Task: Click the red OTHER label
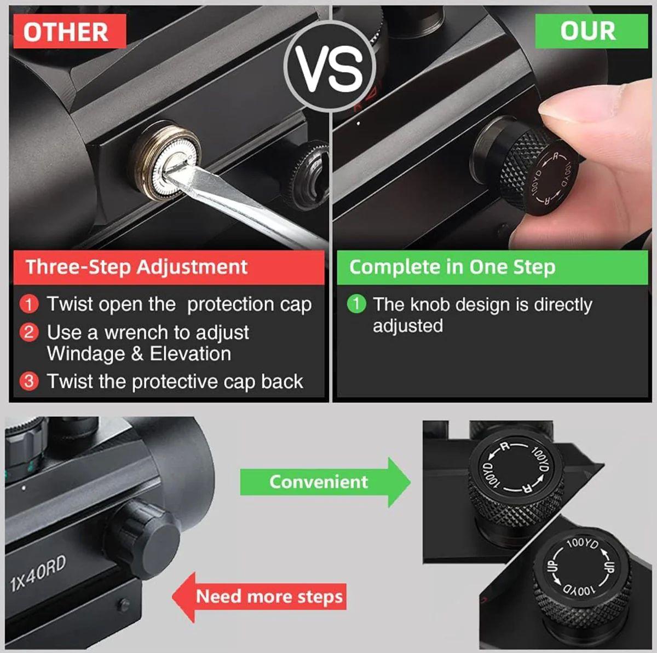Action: tap(70, 31)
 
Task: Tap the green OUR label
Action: tap(591, 31)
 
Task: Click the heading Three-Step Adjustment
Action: tap(137, 267)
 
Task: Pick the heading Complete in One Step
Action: tap(452, 267)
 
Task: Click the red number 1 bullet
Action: tap(30, 304)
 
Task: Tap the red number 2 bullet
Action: tap(30, 333)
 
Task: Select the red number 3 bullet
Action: tap(30, 381)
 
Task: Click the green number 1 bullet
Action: tap(356, 304)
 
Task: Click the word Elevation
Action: tap(190, 354)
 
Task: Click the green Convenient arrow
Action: tap(326, 482)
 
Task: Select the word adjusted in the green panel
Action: tap(407, 326)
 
